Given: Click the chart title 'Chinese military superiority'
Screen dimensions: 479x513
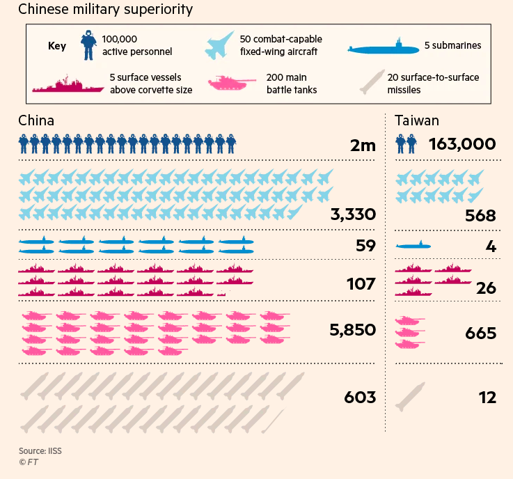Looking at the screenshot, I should (x=105, y=10).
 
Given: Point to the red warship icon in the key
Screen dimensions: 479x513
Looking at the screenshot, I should (x=67, y=84).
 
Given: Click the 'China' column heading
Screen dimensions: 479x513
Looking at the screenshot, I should (x=36, y=120).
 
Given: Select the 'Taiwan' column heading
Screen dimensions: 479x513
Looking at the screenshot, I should (x=417, y=120).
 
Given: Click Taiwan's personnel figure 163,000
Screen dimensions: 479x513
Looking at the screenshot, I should (x=462, y=144).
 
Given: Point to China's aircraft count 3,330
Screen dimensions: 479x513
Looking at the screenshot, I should (x=353, y=214).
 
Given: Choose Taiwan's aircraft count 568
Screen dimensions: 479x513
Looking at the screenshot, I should (x=481, y=216).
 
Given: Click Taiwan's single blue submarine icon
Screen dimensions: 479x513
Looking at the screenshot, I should (x=413, y=246).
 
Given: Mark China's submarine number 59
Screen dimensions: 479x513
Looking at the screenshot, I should (x=365, y=245).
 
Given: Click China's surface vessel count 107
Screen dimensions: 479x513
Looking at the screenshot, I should (x=361, y=284).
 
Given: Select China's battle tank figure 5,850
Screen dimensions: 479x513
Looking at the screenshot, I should (x=352, y=330).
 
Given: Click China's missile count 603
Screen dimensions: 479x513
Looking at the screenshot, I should (x=360, y=398).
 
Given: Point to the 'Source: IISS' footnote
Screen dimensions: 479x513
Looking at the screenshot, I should (x=40, y=450).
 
